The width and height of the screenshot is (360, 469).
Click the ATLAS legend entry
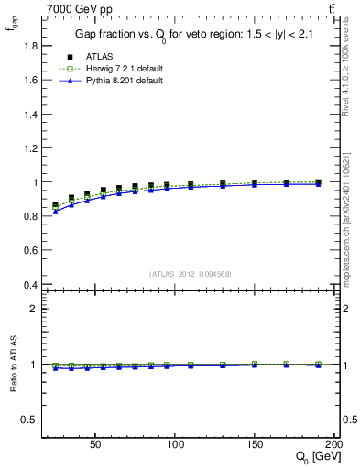88,56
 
